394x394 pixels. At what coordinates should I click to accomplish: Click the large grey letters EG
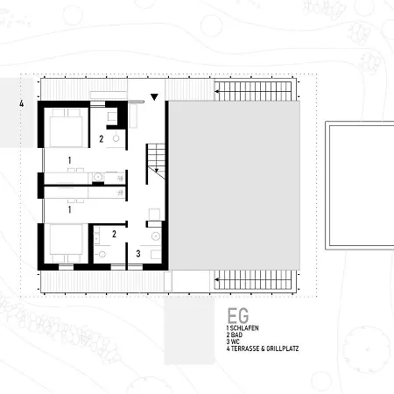(x=238, y=315)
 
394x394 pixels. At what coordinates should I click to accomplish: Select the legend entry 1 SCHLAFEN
(x=243, y=328)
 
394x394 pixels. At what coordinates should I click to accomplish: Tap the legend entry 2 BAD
(x=235, y=335)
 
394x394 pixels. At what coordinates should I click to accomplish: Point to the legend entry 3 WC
(x=233, y=341)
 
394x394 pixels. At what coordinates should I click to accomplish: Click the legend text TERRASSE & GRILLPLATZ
(x=264, y=348)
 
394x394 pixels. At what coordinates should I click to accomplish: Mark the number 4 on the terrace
(x=22, y=103)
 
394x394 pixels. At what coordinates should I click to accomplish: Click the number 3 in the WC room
(x=138, y=254)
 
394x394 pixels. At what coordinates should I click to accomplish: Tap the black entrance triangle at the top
(x=154, y=97)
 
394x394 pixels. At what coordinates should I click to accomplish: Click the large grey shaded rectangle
(x=235, y=186)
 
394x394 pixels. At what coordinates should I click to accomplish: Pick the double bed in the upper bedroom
(x=66, y=128)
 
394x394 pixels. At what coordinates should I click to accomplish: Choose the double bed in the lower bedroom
(x=66, y=243)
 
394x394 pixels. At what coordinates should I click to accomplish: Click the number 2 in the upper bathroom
(x=102, y=139)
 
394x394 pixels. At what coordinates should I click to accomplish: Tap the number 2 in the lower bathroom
(x=114, y=234)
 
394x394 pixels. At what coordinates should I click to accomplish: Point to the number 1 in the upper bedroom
(x=69, y=160)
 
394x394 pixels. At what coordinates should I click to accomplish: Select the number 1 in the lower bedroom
(x=69, y=209)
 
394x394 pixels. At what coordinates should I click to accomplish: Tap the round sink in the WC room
(x=156, y=236)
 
